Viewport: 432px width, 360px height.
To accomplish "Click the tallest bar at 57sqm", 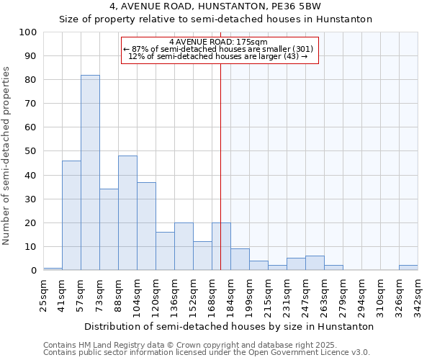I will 90,173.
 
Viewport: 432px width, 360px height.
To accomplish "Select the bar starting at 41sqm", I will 71,215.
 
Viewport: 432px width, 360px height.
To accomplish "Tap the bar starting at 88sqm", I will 127,213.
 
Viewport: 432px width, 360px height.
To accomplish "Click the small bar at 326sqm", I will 408,268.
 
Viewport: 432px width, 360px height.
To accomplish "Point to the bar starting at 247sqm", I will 315,263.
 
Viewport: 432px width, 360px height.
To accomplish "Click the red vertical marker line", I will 220,166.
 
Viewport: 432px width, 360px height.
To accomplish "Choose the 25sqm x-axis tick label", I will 44,295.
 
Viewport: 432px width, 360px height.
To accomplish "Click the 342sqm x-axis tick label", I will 418,295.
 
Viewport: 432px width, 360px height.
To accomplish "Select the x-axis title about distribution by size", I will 229,326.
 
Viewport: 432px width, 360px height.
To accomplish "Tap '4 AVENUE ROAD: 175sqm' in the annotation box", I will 219,42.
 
